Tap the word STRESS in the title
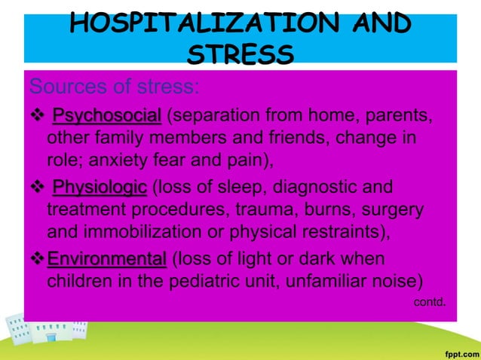(240, 53)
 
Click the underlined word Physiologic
(100, 188)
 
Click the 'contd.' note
(430, 302)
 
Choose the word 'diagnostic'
(339, 188)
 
